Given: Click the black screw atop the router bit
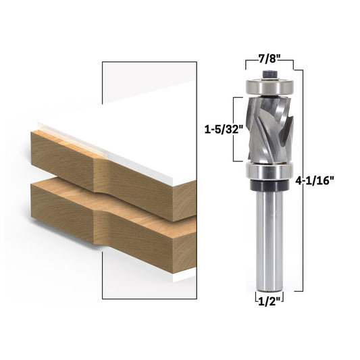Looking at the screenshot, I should click(268, 73).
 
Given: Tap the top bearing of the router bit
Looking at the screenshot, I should click(268, 86).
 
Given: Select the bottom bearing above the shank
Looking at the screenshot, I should click(268, 172).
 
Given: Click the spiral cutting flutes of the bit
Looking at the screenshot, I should click(268, 128).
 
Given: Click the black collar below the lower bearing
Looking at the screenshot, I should click(268, 183).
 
